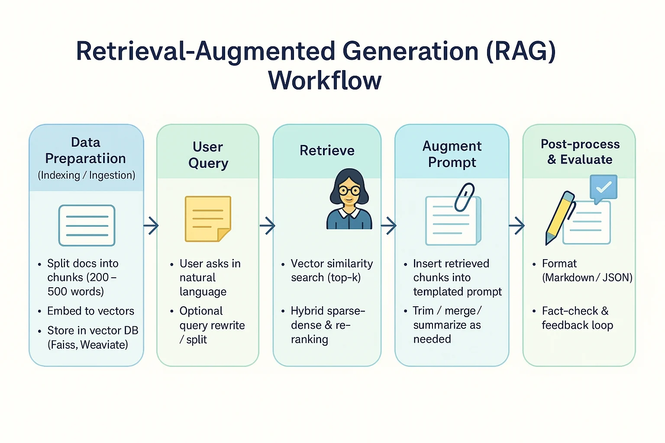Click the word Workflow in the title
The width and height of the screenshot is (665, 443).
coord(325,80)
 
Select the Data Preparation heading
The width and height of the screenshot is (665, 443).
coord(86,151)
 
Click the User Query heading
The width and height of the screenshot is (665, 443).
coord(208,155)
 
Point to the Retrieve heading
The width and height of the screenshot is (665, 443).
coord(327,151)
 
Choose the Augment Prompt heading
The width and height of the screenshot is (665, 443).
coord(452,154)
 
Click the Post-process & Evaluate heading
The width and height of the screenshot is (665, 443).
coord(580,152)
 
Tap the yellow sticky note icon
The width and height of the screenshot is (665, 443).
coord(207,218)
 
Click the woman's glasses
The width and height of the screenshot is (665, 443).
coord(349,190)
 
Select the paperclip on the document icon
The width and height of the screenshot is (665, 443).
coord(465,197)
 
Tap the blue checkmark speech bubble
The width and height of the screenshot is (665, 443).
coord(603,188)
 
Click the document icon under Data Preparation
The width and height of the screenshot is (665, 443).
coord(87,225)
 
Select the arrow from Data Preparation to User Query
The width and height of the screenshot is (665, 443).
coord(151,225)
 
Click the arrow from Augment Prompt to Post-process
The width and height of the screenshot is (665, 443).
coord(516,225)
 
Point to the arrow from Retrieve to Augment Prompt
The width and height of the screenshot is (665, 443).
coord(388,225)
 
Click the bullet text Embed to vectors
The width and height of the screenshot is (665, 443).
coord(90,311)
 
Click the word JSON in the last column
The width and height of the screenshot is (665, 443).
coord(617,278)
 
